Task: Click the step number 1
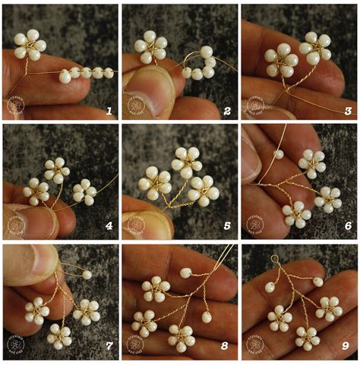pyautogui.click(x=110, y=111)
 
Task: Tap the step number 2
pyautogui.click(x=227, y=111)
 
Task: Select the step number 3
pyautogui.click(x=348, y=111)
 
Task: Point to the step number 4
pyautogui.click(x=110, y=227)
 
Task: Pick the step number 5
pyautogui.click(x=227, y=227)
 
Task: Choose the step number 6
pyautogui.click(x=348, y=227)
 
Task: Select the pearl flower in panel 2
pyautogui.click(x=151, y=47)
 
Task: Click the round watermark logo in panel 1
pyautogui.click(x=17, y=105)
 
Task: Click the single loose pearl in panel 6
pyautogui.click(x=279, y=154)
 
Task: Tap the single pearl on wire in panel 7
pyautogui.click(x=87, y=275)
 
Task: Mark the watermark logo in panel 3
pyautogui.click(x=255, y=105)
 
